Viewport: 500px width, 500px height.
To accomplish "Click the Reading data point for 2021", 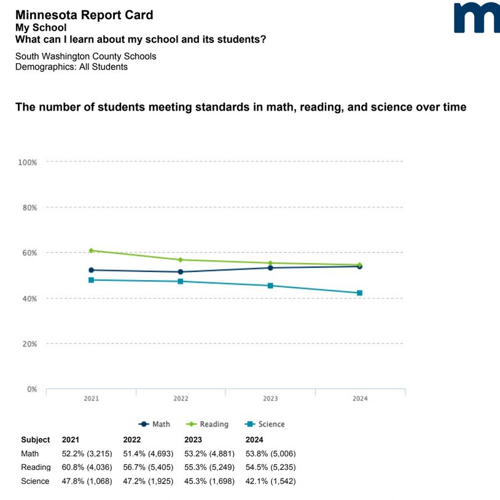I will [91, 251].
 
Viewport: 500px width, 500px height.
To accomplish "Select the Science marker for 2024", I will [359, 293].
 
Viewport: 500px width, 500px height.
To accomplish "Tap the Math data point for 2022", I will [181, 271].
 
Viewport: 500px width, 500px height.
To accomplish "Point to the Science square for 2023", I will [270, 286].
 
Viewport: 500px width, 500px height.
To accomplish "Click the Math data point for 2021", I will [91, 270].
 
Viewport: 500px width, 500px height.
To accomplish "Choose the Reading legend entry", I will [208, 424].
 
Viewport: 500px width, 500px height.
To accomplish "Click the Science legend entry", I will [265, 424].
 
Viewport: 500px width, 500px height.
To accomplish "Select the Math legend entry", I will [155, 424].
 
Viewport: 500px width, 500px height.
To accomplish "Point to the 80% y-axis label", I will [28, 208].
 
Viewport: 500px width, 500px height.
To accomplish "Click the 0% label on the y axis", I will [31, 389].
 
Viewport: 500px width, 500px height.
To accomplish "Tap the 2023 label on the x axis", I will [270, 399].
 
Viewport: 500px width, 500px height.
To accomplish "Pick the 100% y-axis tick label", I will [27, 162].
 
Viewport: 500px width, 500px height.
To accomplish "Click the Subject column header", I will [36, 440].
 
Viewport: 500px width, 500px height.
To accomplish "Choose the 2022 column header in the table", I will [132, 440].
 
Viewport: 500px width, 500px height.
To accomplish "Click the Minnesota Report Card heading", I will [84, 15].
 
